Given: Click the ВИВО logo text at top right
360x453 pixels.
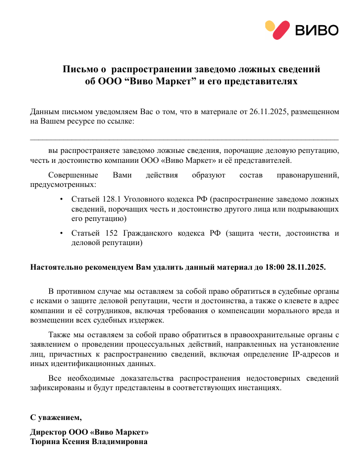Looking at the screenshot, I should tap(317, 30).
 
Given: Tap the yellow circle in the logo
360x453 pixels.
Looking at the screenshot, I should tap(270, 26).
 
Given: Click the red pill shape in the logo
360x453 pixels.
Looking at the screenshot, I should tap(281, 30).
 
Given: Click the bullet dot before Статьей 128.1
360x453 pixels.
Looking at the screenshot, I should tap(62, 200).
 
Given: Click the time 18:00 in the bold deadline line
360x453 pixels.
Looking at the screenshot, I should tap(275, 267).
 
